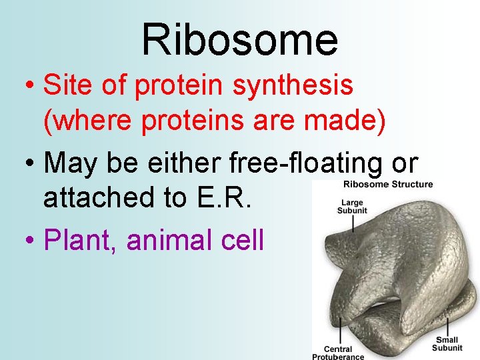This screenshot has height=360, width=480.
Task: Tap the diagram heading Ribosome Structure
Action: tap(388, 185)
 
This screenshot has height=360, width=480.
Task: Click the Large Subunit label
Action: tap(351, 206)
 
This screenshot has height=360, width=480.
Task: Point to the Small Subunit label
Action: tap(447, 344)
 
